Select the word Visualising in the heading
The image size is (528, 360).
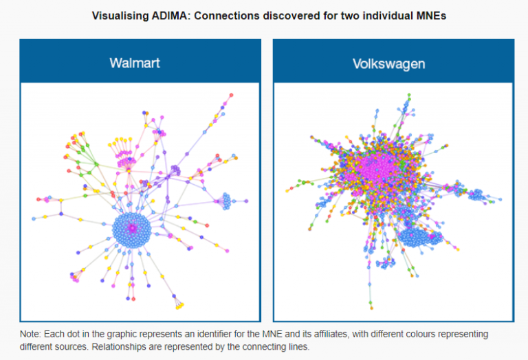(120, 16)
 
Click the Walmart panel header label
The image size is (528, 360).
(135, 63)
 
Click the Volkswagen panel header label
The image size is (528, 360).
(389, 64)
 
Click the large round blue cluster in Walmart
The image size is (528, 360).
(132, 230)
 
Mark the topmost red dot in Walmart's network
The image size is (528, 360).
(231, 95)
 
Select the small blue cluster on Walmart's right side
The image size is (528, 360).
(225, 201)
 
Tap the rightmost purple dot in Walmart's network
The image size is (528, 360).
(247, 201)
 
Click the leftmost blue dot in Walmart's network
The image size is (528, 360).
(34, 219)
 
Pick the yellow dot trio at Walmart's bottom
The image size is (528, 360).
(180, 306)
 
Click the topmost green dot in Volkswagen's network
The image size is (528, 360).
(409, 95)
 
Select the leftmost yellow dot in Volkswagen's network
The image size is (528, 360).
(287, 191)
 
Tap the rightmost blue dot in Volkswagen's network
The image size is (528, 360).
(500, 199)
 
